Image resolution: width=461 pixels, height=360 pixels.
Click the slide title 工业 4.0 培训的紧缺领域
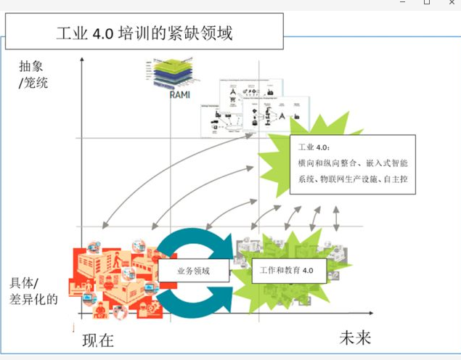144,33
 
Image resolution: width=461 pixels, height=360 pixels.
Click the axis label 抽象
33,66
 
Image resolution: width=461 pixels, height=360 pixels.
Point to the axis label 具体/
25,282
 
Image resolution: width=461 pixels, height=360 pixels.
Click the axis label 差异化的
33,298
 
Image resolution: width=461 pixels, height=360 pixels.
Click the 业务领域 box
193,271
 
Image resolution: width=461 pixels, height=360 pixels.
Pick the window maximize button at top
427,3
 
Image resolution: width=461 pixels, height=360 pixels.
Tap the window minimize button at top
403,3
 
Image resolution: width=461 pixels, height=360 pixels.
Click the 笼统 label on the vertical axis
36,83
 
